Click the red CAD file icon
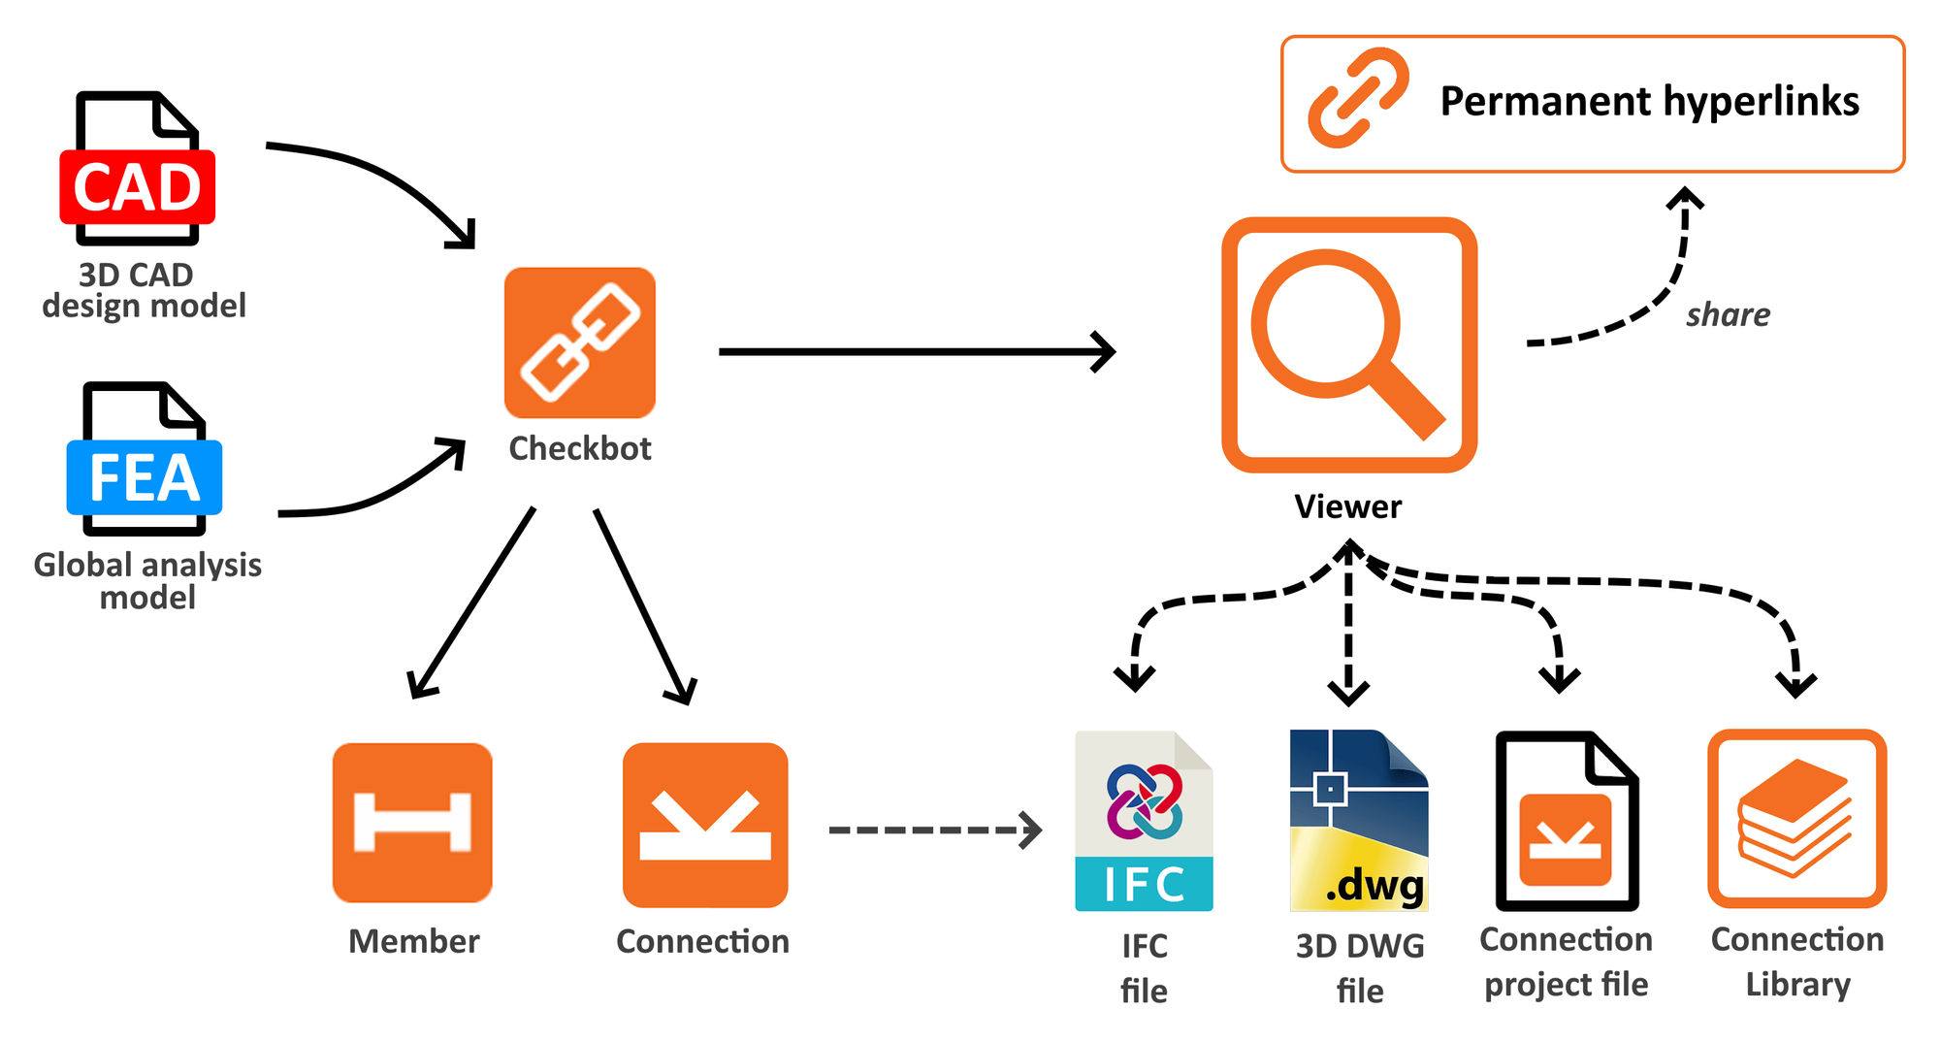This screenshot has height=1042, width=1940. point(137,170)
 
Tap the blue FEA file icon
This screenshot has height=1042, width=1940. point(144,460)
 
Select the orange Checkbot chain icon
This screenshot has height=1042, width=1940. point(580,342)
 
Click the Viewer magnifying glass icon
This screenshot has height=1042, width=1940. point(1348,344)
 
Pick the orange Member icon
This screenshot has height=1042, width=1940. point(412,823)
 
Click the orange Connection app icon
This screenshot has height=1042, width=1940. point(705,825)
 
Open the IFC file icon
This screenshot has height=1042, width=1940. point(1144,821)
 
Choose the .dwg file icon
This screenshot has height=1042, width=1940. point(1358,821)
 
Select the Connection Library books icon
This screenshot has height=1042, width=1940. point(1796,819)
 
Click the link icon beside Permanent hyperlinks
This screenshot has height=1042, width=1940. point(1358,98)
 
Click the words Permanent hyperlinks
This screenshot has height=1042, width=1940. point(1649,101)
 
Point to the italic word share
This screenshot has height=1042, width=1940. point(1728,314)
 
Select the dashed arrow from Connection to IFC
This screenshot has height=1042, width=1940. point(931,830)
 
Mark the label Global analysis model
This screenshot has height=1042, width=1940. point(147,580)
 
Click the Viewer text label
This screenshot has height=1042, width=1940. point(1347,506)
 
